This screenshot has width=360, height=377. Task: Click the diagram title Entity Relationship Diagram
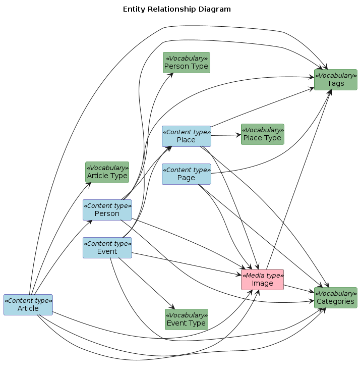[x=176, y=9]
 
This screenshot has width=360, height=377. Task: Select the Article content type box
[x=28, y=305]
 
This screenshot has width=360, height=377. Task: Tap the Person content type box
[x=107, y=210]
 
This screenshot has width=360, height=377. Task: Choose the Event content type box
[x=107, y=248]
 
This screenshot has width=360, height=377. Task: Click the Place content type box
[x=186, y=136]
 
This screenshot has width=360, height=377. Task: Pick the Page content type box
[x=186, y=174]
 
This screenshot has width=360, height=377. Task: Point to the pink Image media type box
[x=262, y=280]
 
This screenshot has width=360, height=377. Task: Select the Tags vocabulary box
[x=335, y=80]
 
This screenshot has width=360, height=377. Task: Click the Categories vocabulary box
[x=335, y=298]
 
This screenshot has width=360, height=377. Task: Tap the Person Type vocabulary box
[x=186, y=63]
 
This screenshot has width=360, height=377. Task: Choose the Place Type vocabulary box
[x=262, y=134]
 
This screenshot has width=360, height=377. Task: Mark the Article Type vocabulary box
[x=107, y=172]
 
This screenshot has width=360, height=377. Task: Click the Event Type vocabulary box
[x=186, y=319]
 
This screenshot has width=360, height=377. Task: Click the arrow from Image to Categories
[x=298, y=289]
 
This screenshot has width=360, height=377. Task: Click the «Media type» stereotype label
[x=262, y=275]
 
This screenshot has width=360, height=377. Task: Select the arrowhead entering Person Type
[x=171, y=75]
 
